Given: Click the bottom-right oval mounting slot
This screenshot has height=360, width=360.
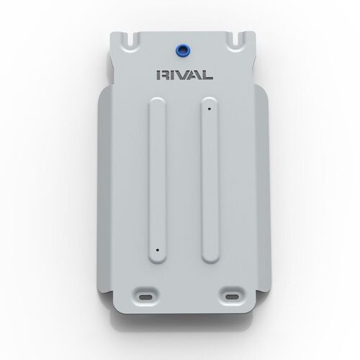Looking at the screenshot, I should [231, 297].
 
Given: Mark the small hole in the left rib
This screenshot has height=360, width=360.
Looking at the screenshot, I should [156, 251].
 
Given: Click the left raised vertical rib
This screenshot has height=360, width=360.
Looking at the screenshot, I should [156, 180].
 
